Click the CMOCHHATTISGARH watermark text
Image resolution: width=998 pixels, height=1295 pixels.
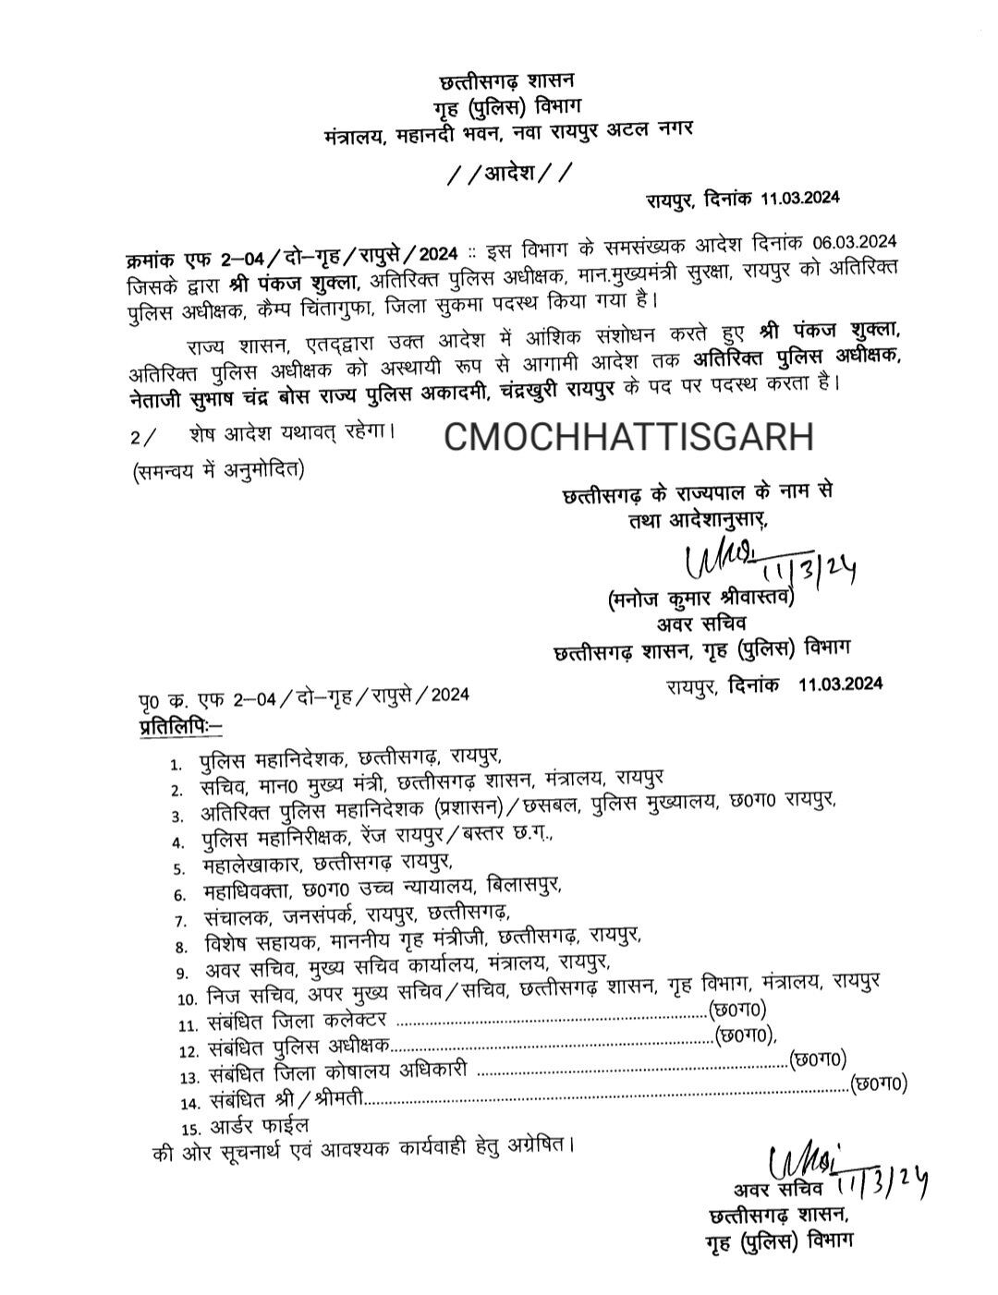pos(628,437)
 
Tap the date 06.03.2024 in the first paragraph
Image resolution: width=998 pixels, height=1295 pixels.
pos(856,242)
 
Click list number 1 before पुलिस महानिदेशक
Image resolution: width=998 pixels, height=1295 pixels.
pos(176,766)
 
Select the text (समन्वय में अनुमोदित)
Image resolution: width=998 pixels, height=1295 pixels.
pos(218,469)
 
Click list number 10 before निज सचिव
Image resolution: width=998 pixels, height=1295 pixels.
pos(187,998)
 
